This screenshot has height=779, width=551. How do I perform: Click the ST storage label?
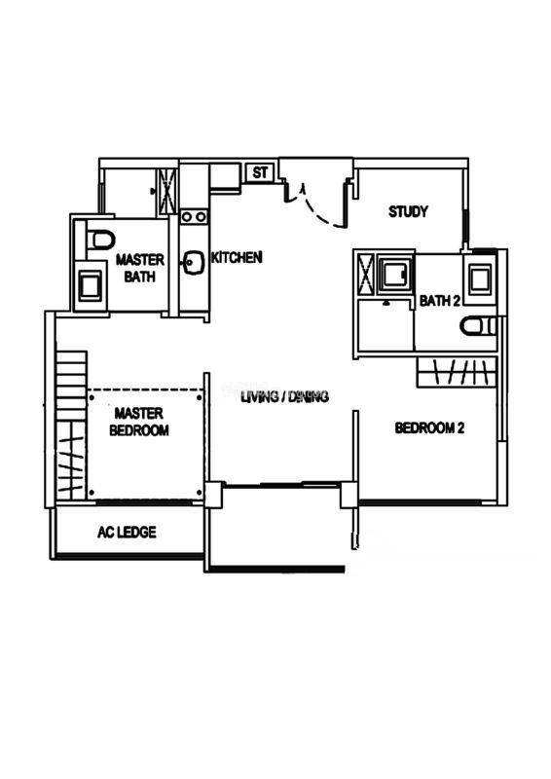click(x=260, y=173)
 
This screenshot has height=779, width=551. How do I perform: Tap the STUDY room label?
click(x=408, y=211)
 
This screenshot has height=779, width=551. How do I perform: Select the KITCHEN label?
click(x=237, y=257)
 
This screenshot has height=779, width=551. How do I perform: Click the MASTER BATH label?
click(x=139, y=268)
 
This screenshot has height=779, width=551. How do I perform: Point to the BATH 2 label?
click(x=440, y=301)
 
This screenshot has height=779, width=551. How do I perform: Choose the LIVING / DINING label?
click(x=284, y=397)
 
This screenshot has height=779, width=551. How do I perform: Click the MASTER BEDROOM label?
click(x=138, y=422)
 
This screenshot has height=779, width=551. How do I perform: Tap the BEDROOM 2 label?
click(x=429, y=427)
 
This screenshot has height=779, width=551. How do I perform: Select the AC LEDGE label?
click(x=127, y=532)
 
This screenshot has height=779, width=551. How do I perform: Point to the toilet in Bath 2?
click(x=478, y=326)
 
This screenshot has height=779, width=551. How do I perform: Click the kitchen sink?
click(x=195, y=263)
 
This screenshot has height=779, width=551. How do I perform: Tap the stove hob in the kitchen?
click(x=194, y=216)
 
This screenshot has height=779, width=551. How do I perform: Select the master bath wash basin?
click(x=90, y=286)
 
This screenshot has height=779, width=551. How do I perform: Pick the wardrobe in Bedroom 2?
click(x=458, y=372)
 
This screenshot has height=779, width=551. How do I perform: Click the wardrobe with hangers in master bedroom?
click(x=70, y=460)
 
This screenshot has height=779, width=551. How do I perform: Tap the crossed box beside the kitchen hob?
click(x=167, y=191)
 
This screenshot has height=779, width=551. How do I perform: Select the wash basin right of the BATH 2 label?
click(x=480, y=279)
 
